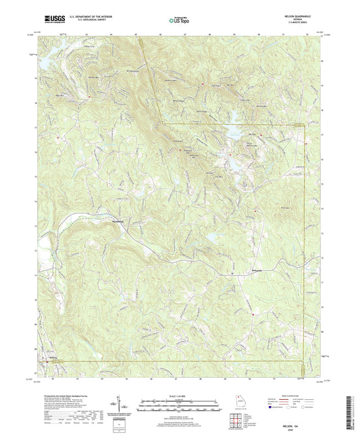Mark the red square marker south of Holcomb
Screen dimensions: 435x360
[x=253, y=313]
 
